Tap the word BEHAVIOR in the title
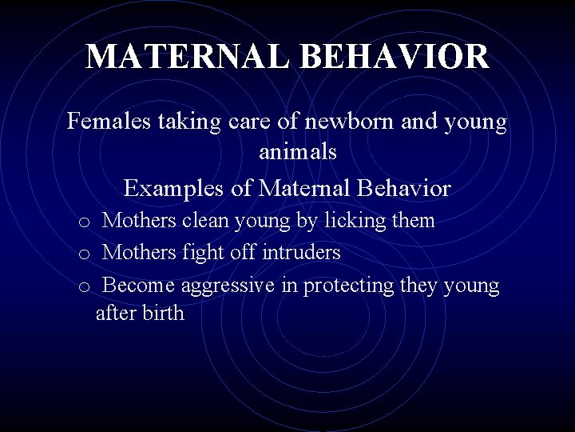click(398, 57)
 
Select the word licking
click(353, 221)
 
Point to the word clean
click(208, 220)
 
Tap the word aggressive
click(228, 286)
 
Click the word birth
click(164, 313)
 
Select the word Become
click(140, 286)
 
